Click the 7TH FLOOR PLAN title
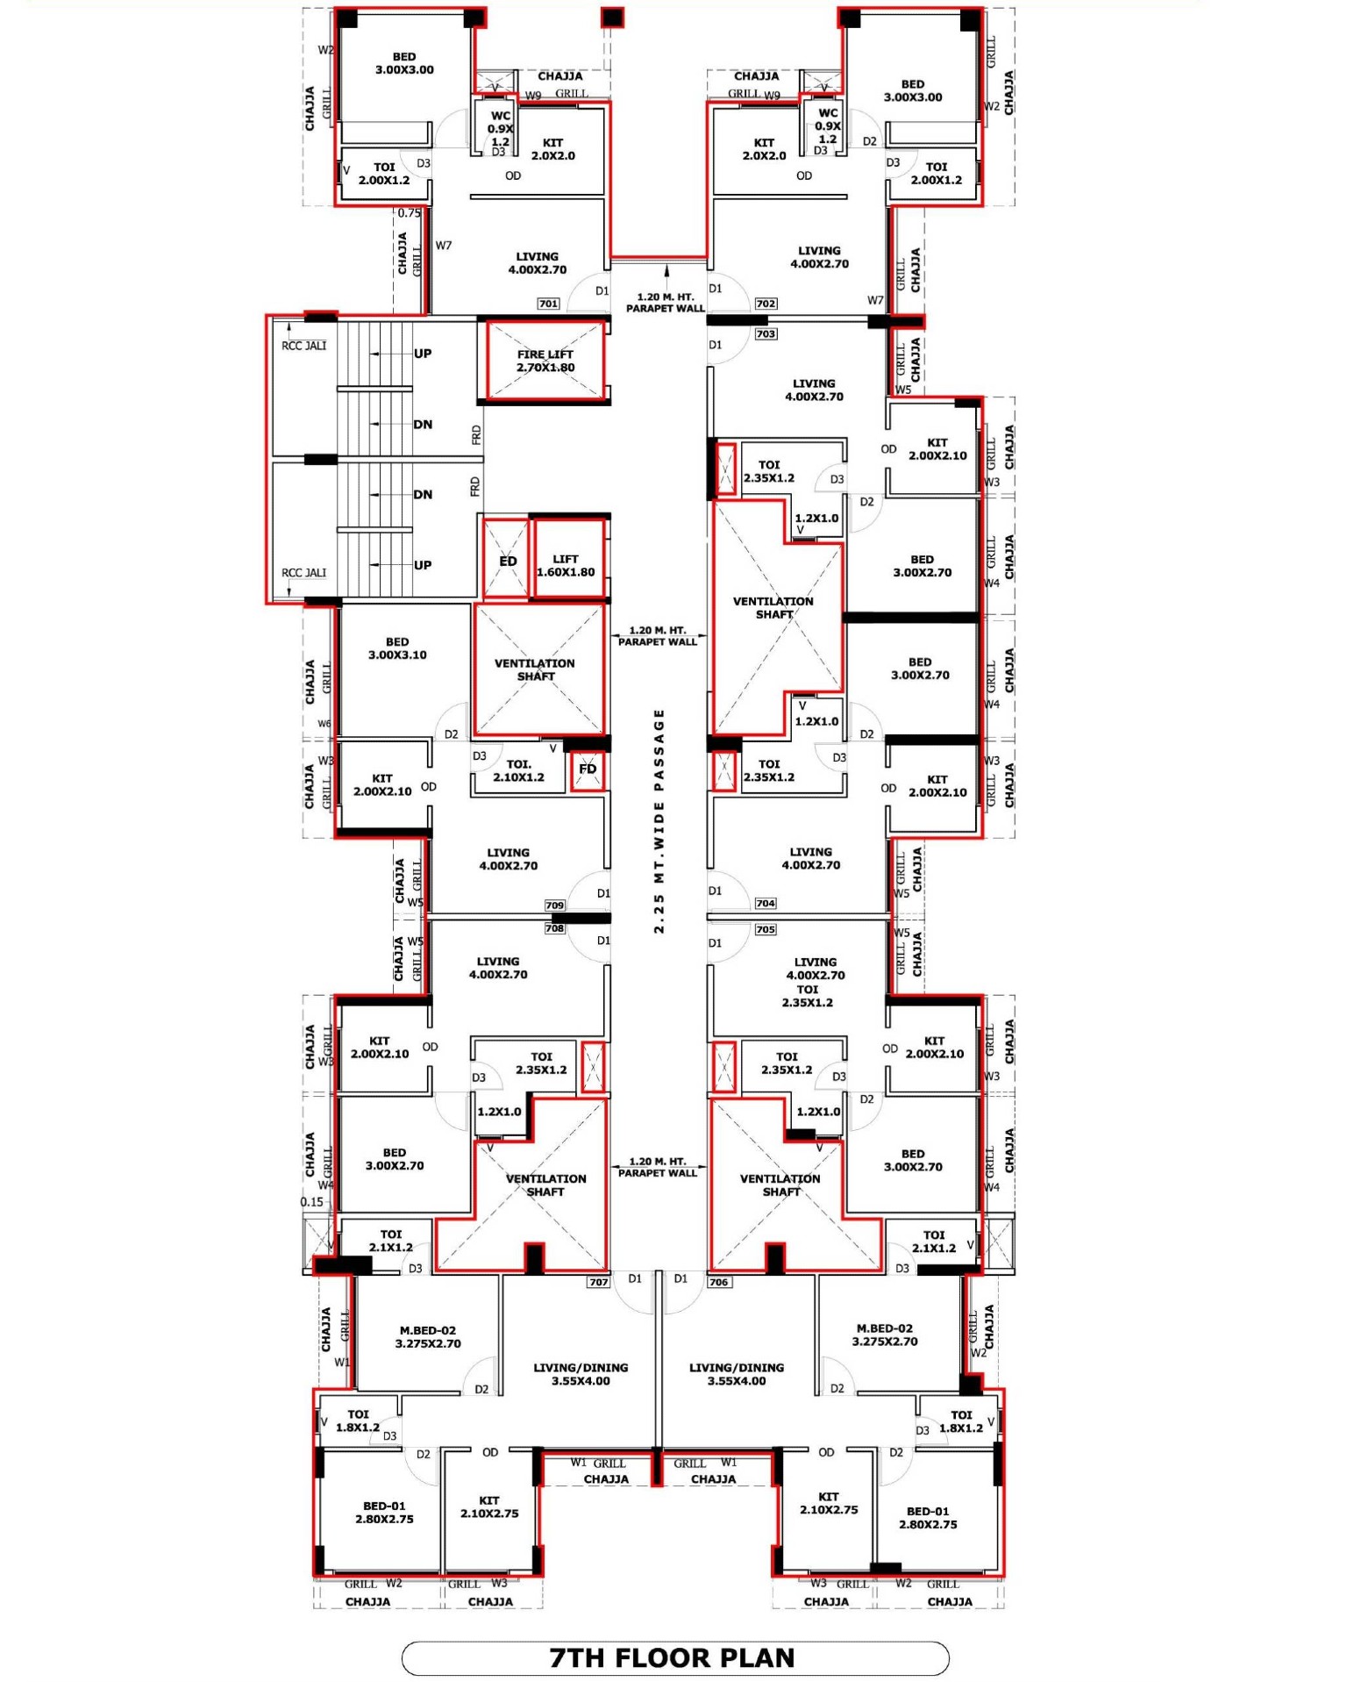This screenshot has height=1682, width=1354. pos(672,1657)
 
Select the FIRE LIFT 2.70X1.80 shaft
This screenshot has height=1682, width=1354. pos(545,361)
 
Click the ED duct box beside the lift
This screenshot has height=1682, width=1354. pos(507,560)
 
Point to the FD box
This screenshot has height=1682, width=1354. pos(588,769)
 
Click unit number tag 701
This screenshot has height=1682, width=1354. pos(548,304)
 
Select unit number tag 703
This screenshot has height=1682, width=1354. pos(766,333)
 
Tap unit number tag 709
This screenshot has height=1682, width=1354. pos(555,905)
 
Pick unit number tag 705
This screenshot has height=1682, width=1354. pos(766,929)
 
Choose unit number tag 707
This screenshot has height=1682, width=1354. pos(598,1282)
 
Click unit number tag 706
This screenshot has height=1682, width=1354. pos(719,1282)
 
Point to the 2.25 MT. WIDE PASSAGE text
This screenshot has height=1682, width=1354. pos(659,821)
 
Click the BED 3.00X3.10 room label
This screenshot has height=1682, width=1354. pos(397,648)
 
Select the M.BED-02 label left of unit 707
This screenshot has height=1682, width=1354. pos(428,1336)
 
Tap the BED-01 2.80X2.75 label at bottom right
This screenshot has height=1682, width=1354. pos(928,1517)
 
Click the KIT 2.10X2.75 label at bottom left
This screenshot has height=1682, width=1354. pos(489,1507)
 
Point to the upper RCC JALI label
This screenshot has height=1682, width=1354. pos(303,346)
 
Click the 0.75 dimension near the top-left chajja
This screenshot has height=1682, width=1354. pos(410,212)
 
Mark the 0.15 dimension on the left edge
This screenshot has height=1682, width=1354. pos(312,1202)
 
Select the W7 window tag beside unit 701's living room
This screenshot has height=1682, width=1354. pos(444,246)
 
